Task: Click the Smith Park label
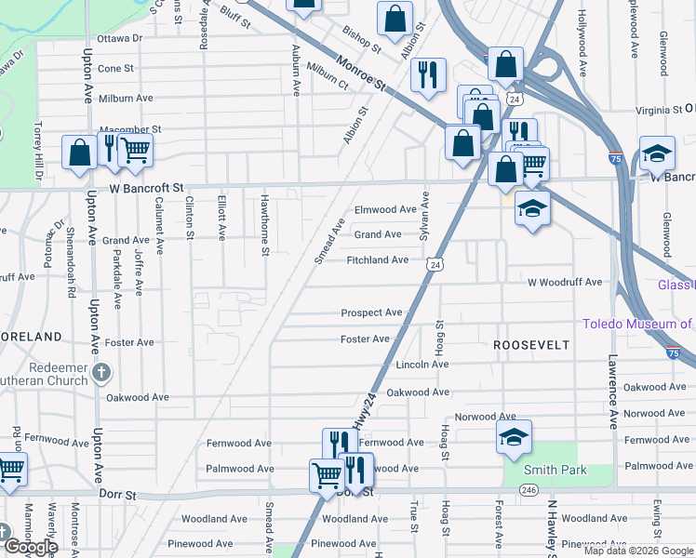[x=555, y=471]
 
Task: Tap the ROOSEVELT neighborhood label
[x=530, y=344]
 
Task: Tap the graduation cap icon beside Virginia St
[x=657, y=154]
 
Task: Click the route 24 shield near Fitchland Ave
[x=435, y=266]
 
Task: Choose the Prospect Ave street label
[x=371, y=313]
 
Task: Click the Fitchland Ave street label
[x=377, y=260]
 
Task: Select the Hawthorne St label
[x=265, y=225]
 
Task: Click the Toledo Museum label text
[x=638, y=325]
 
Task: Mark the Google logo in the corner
[x=30, y=547]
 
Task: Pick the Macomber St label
[x=130, y=129]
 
